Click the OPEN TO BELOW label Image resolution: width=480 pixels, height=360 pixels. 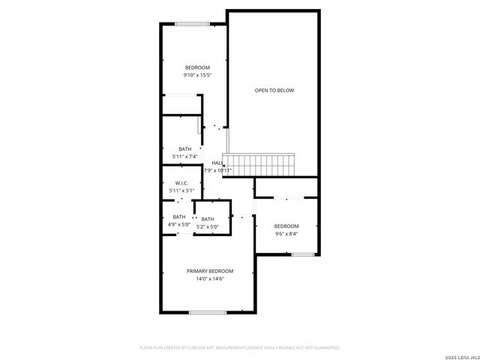click(x=274, y=91)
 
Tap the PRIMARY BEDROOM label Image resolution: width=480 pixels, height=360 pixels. click(x=210, y=271)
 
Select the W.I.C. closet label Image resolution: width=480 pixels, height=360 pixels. click(x=181, y=184)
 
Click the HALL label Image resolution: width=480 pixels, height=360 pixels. click(x=217, y=163)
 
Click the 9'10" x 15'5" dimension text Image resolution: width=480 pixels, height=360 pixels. click(x=196, y=75)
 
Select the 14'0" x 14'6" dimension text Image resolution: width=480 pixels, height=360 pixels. click(x=210, y=278)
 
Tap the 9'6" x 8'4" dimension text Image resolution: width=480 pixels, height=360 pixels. click(x=286, y=233)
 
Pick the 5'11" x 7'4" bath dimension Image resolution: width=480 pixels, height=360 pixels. click(x=184, y=156)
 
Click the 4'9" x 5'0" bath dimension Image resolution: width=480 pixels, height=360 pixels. click(x=178, y=224)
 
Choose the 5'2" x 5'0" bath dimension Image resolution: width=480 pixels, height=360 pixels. click(x=207, y=226)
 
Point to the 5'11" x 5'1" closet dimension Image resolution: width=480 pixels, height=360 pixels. click(x=181, y=191)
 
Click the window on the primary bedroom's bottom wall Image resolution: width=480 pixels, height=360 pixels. click(x=208, y=312)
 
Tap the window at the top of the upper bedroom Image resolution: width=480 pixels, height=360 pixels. click(x=192, y=24)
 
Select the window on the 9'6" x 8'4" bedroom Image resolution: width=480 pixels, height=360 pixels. click(x=302, y=255)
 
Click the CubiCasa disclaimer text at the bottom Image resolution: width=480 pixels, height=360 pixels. click(x=240, y=348)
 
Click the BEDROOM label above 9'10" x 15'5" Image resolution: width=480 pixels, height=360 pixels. click(x=196, y=67)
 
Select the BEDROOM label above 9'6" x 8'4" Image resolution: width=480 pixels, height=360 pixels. click(x=286, y=226)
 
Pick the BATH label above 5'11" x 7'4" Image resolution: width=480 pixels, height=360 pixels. click(x=184, y=148)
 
